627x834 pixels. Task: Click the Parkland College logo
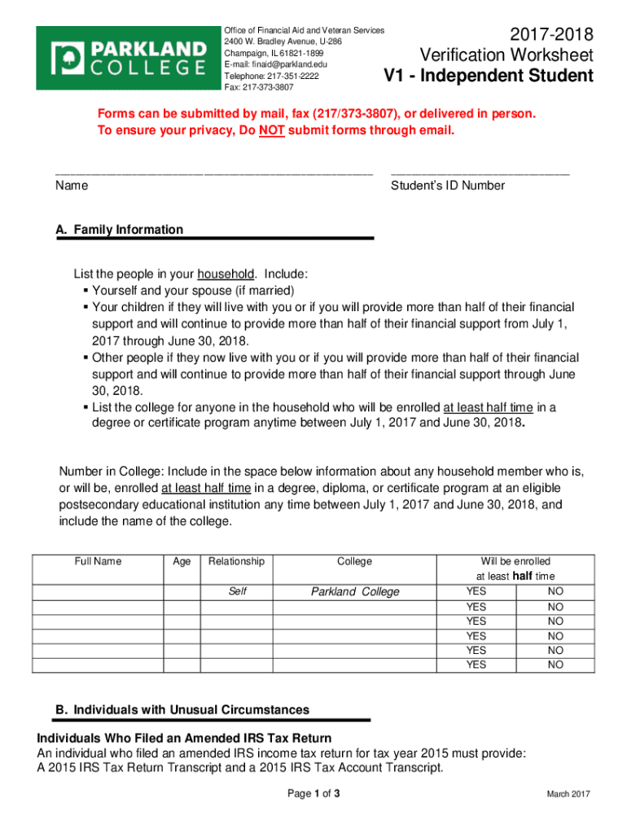(x=125, y=57)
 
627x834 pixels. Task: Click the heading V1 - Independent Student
(x=489, y=77)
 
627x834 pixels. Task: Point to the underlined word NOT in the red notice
(x=271, y=130)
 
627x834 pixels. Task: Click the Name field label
(x=72, y=186)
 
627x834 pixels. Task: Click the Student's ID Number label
(x=447, y=186)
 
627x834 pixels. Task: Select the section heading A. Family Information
(x=119, y=230)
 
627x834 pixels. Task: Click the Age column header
(x=182, y=561)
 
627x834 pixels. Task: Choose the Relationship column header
(x=236, y=561)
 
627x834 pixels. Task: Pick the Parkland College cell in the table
(x=355, y=591)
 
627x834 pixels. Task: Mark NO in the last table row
(x=555, y=665)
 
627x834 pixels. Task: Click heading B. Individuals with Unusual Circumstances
(x=182, y=709)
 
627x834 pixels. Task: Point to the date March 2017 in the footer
(x=568, y=795)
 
